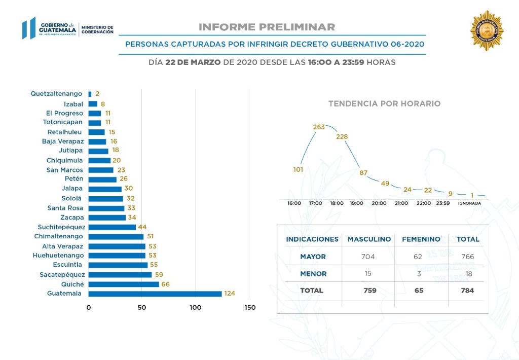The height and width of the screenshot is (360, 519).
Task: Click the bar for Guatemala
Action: pos(155,294)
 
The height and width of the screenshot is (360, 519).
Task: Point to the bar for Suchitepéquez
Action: pos(112,227)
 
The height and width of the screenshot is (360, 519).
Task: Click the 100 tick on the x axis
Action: pos(196,308)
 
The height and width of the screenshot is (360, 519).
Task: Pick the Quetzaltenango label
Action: pos(56,94)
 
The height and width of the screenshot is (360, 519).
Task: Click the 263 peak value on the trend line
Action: pos(319,127)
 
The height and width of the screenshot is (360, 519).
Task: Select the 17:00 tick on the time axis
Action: pos(316,203)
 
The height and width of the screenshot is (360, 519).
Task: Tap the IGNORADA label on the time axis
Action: pos(469,203)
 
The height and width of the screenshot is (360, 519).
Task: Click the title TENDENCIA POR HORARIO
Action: pos(384,103)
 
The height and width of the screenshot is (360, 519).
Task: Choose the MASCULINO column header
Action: pos(369,239)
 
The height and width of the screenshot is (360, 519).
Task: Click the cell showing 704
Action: pos(368,257)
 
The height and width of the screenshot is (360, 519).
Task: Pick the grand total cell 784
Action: pos(467,291)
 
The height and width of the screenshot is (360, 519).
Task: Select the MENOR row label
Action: pos(313,274)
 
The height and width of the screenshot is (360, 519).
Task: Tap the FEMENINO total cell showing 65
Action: pos(418,291)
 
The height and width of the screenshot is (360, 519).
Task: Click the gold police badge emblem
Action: pos(487,30)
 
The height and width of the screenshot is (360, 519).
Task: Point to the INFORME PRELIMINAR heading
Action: pos(267,27)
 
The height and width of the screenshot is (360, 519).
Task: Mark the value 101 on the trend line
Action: pos(298,169)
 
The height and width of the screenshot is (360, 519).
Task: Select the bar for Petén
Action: pos(102,179)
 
